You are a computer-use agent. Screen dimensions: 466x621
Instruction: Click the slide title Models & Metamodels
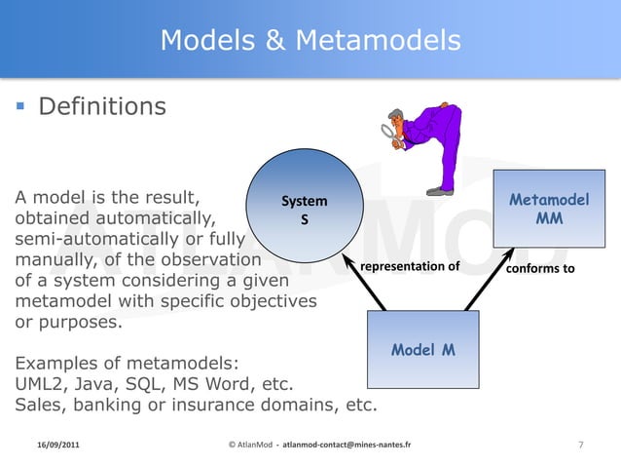(x=310, y=40)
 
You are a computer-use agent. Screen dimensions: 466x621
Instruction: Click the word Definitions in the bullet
(x=102, y=104)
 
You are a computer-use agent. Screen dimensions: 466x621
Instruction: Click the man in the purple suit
(x=428, y=146)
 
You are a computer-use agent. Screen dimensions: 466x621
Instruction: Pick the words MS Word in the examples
(x=219, y=384)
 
